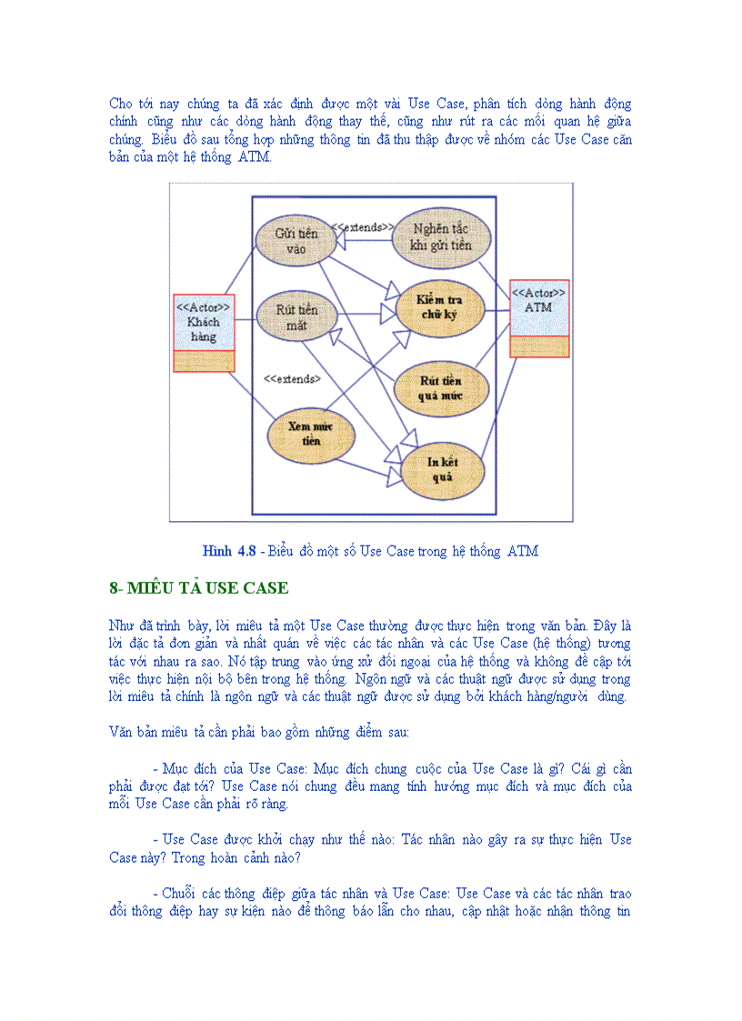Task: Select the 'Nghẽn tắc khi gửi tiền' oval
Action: [441, 238]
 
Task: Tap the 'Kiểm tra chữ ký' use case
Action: [440, 307]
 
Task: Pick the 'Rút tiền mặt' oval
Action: [296, 316]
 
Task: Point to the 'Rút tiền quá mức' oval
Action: [441, 388]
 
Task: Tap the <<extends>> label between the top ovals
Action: [362, 226]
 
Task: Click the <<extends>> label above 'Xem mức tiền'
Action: [292, 378]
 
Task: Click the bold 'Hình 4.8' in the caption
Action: [229, 551]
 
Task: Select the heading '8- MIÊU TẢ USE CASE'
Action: [198, 588]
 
